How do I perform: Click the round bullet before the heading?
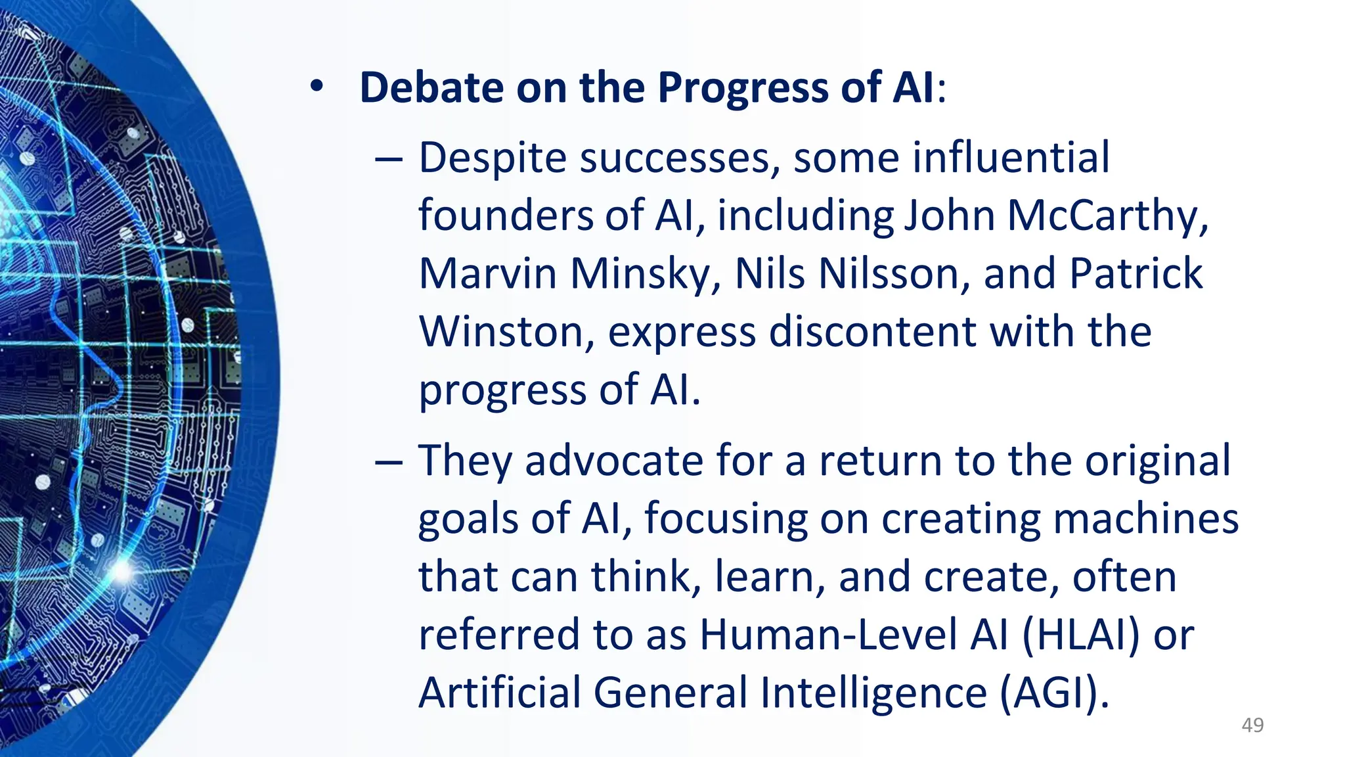318,87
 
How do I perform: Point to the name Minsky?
645,273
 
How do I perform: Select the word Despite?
493,159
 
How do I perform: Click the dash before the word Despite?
389,159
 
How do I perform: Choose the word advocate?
613,461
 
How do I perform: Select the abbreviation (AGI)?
1054,693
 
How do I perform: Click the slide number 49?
1252,725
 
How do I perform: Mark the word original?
1157,461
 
